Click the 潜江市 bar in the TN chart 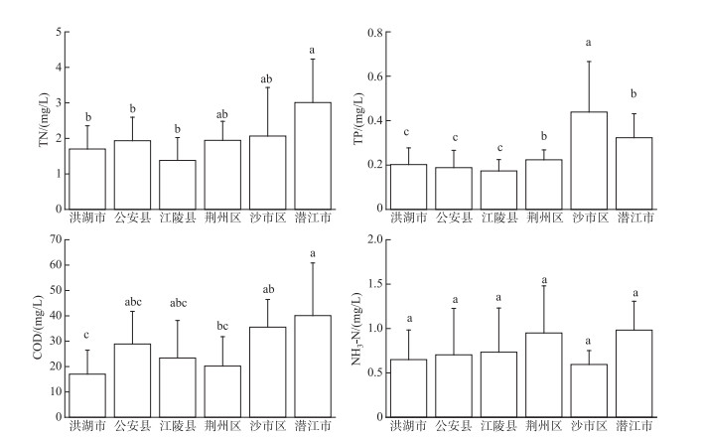313,156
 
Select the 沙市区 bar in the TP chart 589,160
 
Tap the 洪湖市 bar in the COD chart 87,395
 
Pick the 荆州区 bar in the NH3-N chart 544,374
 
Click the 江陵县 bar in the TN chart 178,185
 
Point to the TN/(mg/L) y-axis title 44,119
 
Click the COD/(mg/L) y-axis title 38,328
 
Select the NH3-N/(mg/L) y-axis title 356,329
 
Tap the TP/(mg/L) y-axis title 358,118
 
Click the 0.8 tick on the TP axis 375,33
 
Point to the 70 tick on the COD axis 56,239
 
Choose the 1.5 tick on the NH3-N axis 375,284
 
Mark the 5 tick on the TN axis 60,32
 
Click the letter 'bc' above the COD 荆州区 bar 222,326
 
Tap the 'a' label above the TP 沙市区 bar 588,43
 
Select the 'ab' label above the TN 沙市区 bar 266,79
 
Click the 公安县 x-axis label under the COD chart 133,425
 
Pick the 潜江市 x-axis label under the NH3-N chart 634,425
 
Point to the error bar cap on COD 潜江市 313,263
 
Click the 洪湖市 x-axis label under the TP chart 409,218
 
